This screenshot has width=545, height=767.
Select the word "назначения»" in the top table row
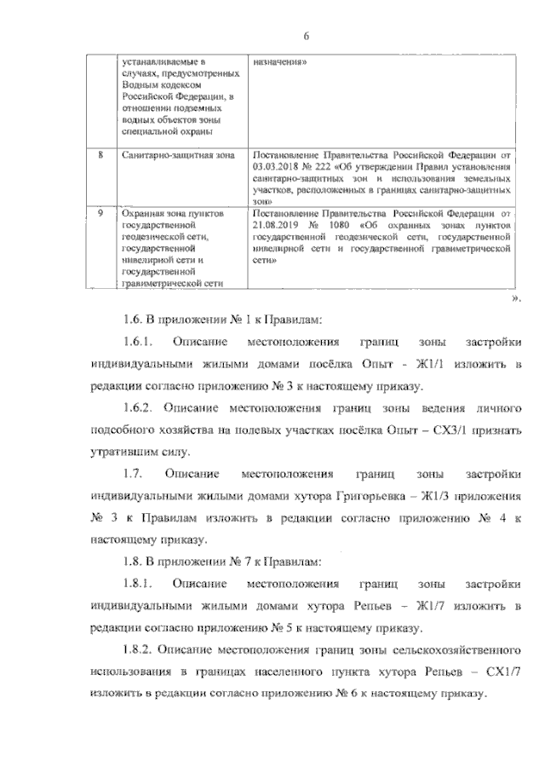(x=279, y=62)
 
